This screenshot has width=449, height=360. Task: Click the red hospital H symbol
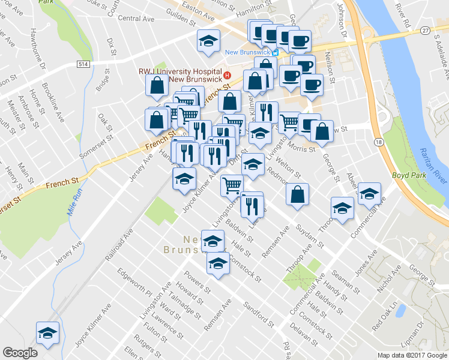(228, 74)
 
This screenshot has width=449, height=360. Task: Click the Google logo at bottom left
(20, 353)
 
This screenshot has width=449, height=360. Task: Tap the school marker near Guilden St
(208, 40)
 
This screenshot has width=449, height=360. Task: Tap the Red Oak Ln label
(385, 317)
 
